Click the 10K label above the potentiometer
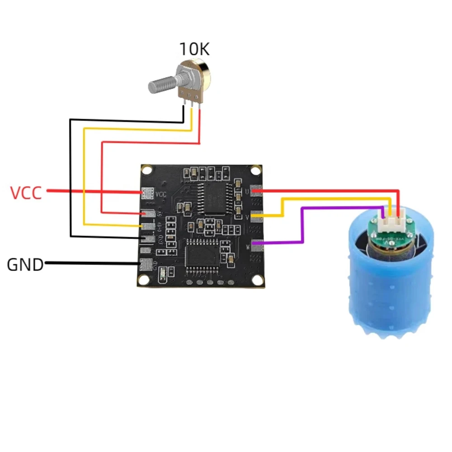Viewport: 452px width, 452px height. click(x=195, y=48)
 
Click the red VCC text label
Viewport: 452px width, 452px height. click(x=26, y=193)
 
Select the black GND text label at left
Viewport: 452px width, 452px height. click(x=25, y=264)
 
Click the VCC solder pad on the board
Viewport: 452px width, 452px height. click(x=147, y=193)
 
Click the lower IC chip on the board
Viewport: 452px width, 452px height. click(x=202, y=255)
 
